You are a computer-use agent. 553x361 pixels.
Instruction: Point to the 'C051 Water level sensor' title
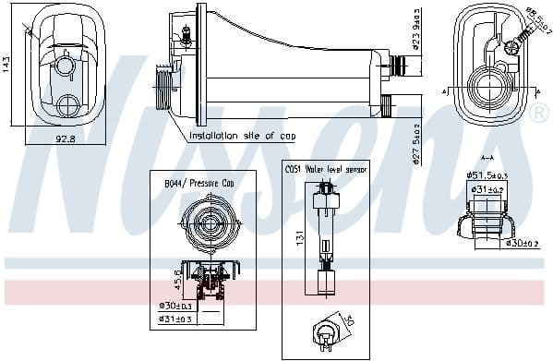pos(324,169)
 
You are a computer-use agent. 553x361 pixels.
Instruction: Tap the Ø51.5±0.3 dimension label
pos(487,174)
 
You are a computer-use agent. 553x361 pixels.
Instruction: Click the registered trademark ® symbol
pos(539,114)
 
